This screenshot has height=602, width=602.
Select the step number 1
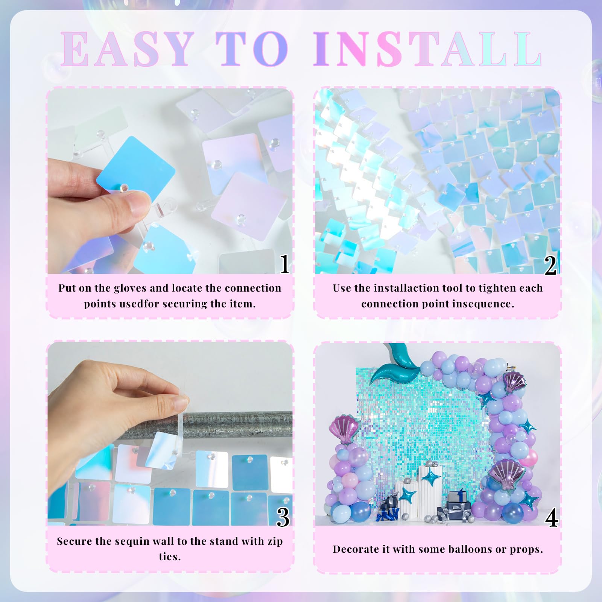tap(285, 264)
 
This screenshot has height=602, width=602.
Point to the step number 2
tap(550, 265)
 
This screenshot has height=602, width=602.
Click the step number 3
tap(283, 517)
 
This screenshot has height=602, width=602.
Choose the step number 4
tap(551, 518)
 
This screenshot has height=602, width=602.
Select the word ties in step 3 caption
tap(170, 557)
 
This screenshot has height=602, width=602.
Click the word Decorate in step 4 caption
tap(356, 549)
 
